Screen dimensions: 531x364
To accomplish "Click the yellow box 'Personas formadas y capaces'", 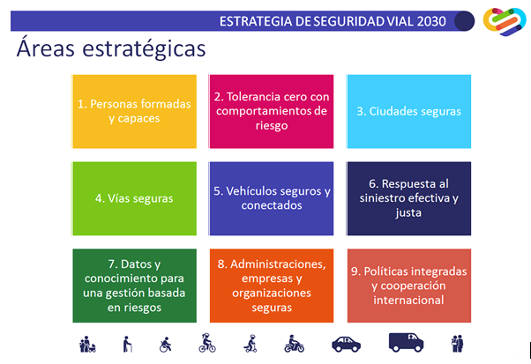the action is click(134, 111).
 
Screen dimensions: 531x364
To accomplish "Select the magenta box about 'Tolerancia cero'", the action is click(272, 111).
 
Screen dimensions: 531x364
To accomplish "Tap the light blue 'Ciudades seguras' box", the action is click(409, 111).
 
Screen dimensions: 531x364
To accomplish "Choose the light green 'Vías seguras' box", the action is click(134, 198).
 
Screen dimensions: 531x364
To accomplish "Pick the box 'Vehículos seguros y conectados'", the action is click(272, 198).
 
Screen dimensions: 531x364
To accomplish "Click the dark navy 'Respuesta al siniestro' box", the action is click(409, 198).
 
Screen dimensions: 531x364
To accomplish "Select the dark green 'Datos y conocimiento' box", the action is click(134, 286).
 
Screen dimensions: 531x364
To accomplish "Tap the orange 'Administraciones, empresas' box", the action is click(272, 286).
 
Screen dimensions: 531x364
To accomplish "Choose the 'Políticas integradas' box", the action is click(409, 286).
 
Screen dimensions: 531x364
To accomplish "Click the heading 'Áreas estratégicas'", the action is click(111, 48).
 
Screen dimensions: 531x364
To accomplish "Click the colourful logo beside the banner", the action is click(505, 21).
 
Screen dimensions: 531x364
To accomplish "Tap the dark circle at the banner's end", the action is click(464, 21).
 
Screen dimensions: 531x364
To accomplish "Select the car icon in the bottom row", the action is click(346, 345).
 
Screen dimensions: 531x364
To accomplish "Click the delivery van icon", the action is click(406, 342).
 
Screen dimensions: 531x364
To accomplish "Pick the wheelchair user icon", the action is click(165, 345).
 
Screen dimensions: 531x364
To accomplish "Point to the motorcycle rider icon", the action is click(294, 344).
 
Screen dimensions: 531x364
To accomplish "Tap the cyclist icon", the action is click(207, 343).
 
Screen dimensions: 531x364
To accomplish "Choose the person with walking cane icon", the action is click(127, 344).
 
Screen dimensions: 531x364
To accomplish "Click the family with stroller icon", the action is click(87, 344).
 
